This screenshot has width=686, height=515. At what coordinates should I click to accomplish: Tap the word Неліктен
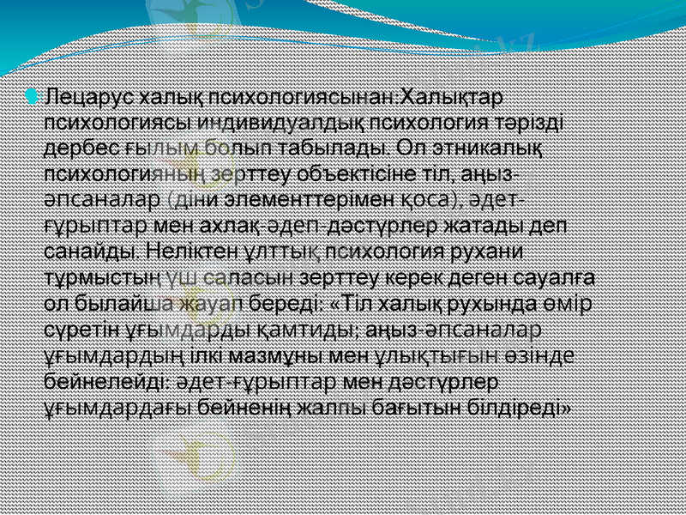(x=188, y=253)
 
